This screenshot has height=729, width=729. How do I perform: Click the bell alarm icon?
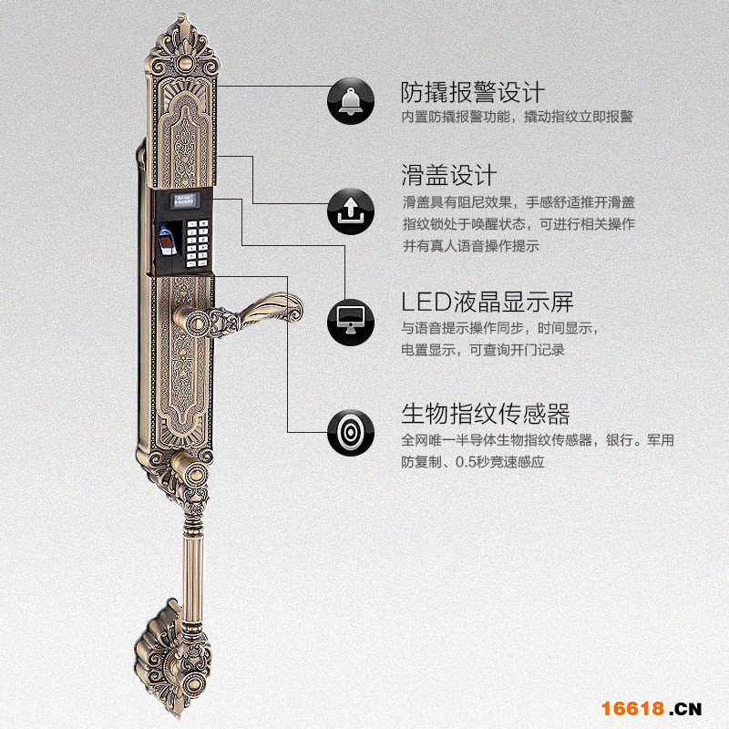(351, 101)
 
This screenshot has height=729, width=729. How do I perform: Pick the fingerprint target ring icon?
(351, 430)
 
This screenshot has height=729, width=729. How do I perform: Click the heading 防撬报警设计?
(473, 92)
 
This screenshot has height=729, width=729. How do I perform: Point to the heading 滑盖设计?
(448, 174)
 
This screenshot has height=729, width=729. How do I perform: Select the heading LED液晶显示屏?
(488, 302)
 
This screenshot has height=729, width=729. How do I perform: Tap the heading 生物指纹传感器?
(486, 415)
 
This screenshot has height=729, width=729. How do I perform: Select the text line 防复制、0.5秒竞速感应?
(473, 462)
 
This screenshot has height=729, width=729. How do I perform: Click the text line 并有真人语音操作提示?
(471, 246)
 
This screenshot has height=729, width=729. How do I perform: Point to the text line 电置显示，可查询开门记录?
(483, 350)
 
